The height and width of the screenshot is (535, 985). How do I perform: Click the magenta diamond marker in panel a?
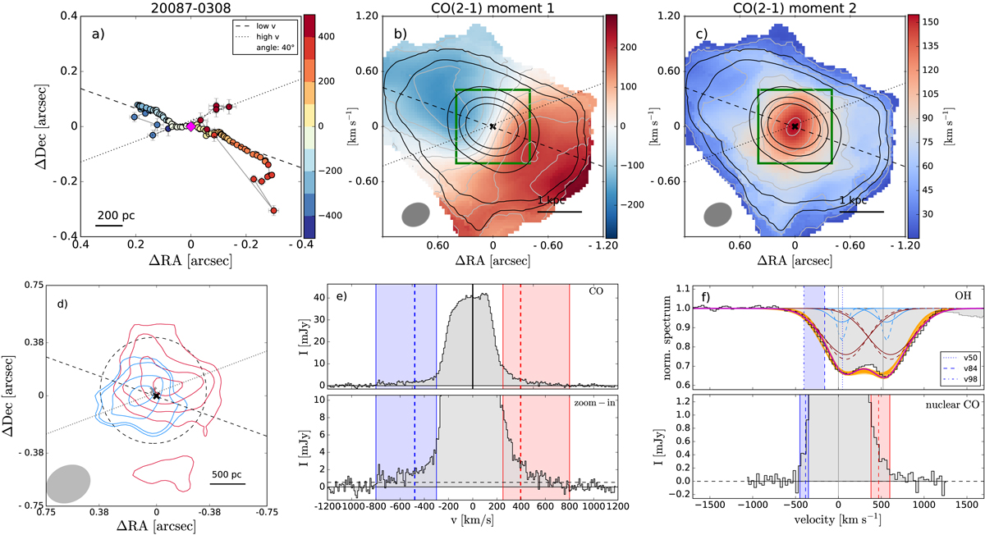click(191, 126)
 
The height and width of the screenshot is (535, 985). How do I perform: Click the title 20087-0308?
click(191, 8)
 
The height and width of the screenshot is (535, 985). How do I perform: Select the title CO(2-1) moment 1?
click(492, 8)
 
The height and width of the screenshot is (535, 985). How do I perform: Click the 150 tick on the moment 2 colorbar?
click(946, 19)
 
